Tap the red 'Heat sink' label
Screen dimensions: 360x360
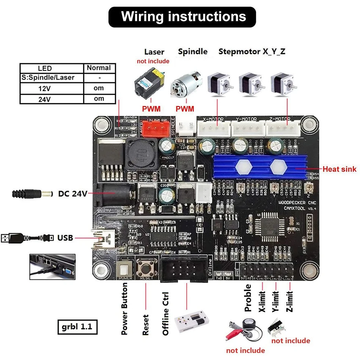pyautogui.click(x=339, y=169)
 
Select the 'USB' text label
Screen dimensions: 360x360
pyautogui.click(x=65, y=238)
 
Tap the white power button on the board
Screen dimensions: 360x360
pyautogui.click(x=125, y=269)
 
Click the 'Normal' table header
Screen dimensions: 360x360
pyautogui.click(x=99, y=68)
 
